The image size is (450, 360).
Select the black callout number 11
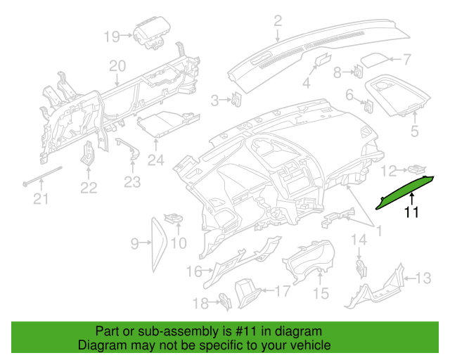click(x=411, y=212)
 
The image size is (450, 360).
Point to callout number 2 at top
click(x=278, y=20)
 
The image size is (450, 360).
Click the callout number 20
click(x=117, y=66)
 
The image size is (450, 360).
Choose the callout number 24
click(x=155, y=160)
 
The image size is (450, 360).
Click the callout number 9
click(x=134, y=244)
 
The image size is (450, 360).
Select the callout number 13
click(x=423, y=278)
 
